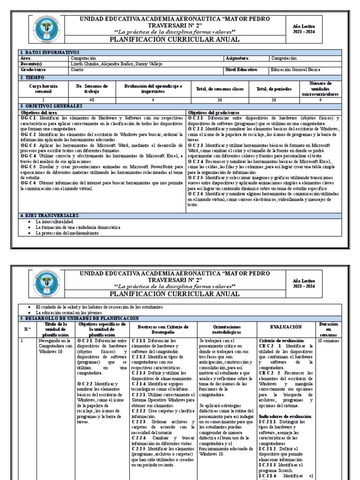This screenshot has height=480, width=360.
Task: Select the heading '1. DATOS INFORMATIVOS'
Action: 50,52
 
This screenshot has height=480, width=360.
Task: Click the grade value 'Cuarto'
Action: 77,69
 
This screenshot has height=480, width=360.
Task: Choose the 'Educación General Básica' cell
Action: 296,69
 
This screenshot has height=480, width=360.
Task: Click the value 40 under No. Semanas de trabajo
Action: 91,100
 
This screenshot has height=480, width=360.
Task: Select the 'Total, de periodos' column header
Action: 274,89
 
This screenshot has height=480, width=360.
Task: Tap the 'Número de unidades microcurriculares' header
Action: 321,89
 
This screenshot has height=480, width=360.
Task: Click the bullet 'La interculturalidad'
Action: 54,221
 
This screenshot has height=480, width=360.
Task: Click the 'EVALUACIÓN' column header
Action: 286,327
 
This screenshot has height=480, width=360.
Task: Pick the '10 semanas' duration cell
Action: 328,341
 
